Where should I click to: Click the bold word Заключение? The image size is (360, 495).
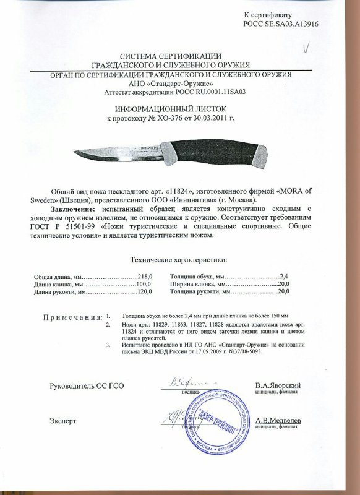point(67,209)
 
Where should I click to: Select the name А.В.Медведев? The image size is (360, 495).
point(278,420)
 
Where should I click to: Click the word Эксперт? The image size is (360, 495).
point(63,421)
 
